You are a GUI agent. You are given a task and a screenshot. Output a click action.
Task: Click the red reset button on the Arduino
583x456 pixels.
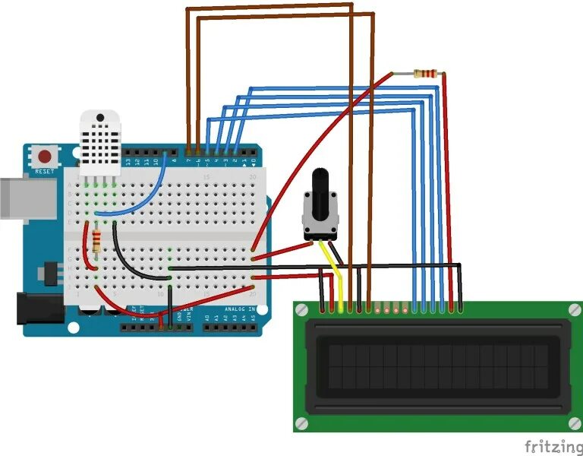(x=46, y=157)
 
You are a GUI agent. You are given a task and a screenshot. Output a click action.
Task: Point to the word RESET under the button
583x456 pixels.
(x=45, y=172)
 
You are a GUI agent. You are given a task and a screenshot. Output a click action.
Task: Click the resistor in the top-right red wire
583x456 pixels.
(x=427, y=74)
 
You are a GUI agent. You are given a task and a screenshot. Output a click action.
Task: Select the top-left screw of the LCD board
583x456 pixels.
(x=302, y=309)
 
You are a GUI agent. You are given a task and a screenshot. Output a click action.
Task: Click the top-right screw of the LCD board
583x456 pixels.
(x=572, y=309)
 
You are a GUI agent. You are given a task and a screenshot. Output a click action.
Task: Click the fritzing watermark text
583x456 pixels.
(x=548, y=444)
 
